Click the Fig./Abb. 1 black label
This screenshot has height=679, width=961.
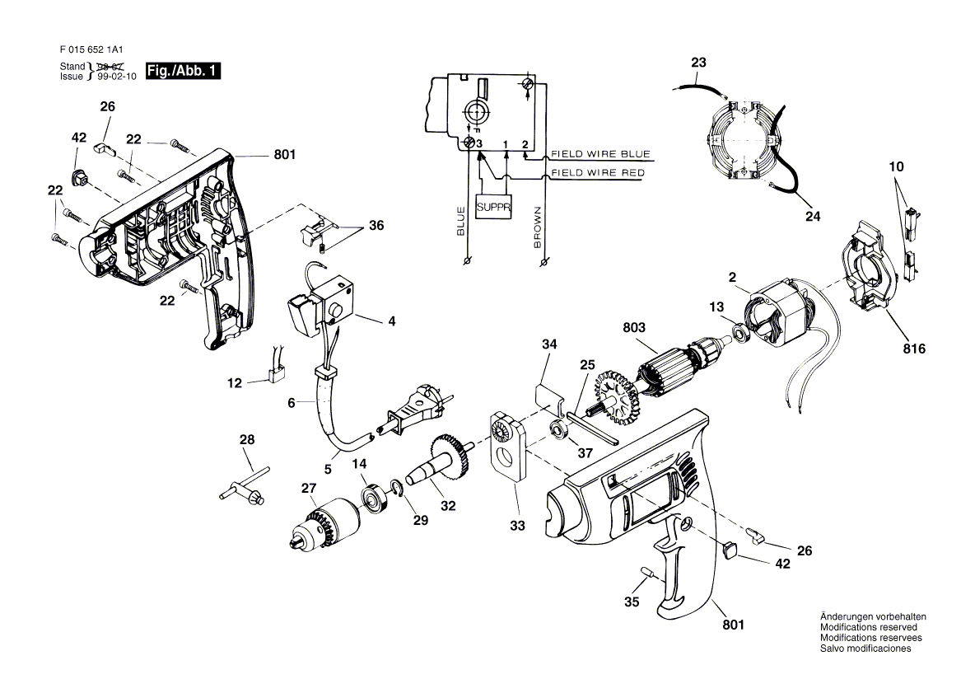182,71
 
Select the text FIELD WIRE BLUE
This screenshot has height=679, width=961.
600,154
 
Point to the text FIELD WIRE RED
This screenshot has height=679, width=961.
598,173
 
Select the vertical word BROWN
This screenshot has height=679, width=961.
537,227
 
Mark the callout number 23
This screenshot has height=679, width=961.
698,63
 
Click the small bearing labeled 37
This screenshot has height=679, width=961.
558,429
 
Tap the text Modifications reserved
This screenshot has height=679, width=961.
861,627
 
